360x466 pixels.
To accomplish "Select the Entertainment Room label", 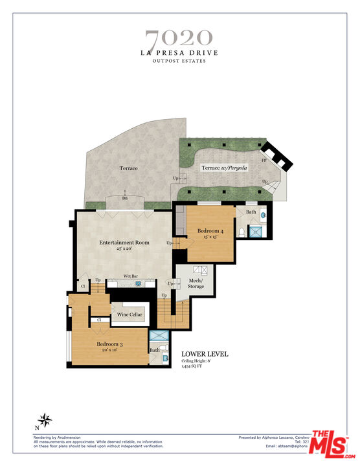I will coord(124,243).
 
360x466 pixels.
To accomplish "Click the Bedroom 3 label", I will coord(114,344).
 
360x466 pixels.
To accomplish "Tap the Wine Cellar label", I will coord(130,315).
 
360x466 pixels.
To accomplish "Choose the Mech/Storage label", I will coord(196,283).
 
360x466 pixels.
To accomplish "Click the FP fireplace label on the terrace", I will coord(264,159).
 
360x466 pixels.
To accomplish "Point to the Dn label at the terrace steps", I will coord(124,199).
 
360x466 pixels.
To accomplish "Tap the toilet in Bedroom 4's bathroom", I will coord(242,232).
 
